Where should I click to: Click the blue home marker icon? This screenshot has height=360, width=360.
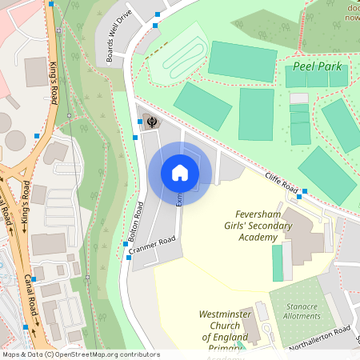point(180,172)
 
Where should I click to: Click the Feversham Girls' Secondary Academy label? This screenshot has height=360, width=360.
point(264,226)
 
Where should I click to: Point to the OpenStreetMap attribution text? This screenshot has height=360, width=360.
point(80,354)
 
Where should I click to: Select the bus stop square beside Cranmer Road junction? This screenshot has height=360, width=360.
point(128,258)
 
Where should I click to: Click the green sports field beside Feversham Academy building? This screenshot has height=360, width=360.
point(278,262)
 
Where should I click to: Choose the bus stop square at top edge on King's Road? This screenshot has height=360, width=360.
point(51,3)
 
